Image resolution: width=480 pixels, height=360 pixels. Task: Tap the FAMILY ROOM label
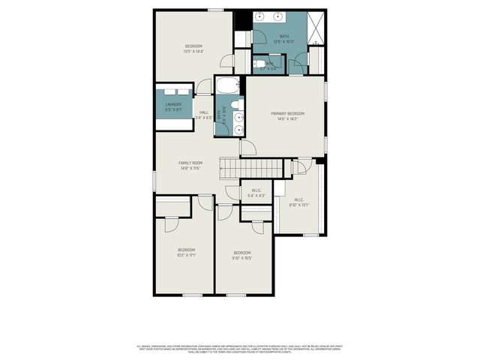point(190,163)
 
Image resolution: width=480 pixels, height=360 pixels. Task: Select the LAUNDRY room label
point(174,104)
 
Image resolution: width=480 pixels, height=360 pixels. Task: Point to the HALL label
point(204,112)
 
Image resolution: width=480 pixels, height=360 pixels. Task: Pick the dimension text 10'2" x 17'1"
point(186,256)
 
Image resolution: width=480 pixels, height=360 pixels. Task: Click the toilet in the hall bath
point(235,105)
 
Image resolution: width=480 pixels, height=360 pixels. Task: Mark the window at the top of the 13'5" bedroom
point(215,10)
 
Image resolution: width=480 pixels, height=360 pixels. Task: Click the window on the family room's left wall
point(154,180)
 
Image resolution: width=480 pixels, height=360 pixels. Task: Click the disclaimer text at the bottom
point(240,349)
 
